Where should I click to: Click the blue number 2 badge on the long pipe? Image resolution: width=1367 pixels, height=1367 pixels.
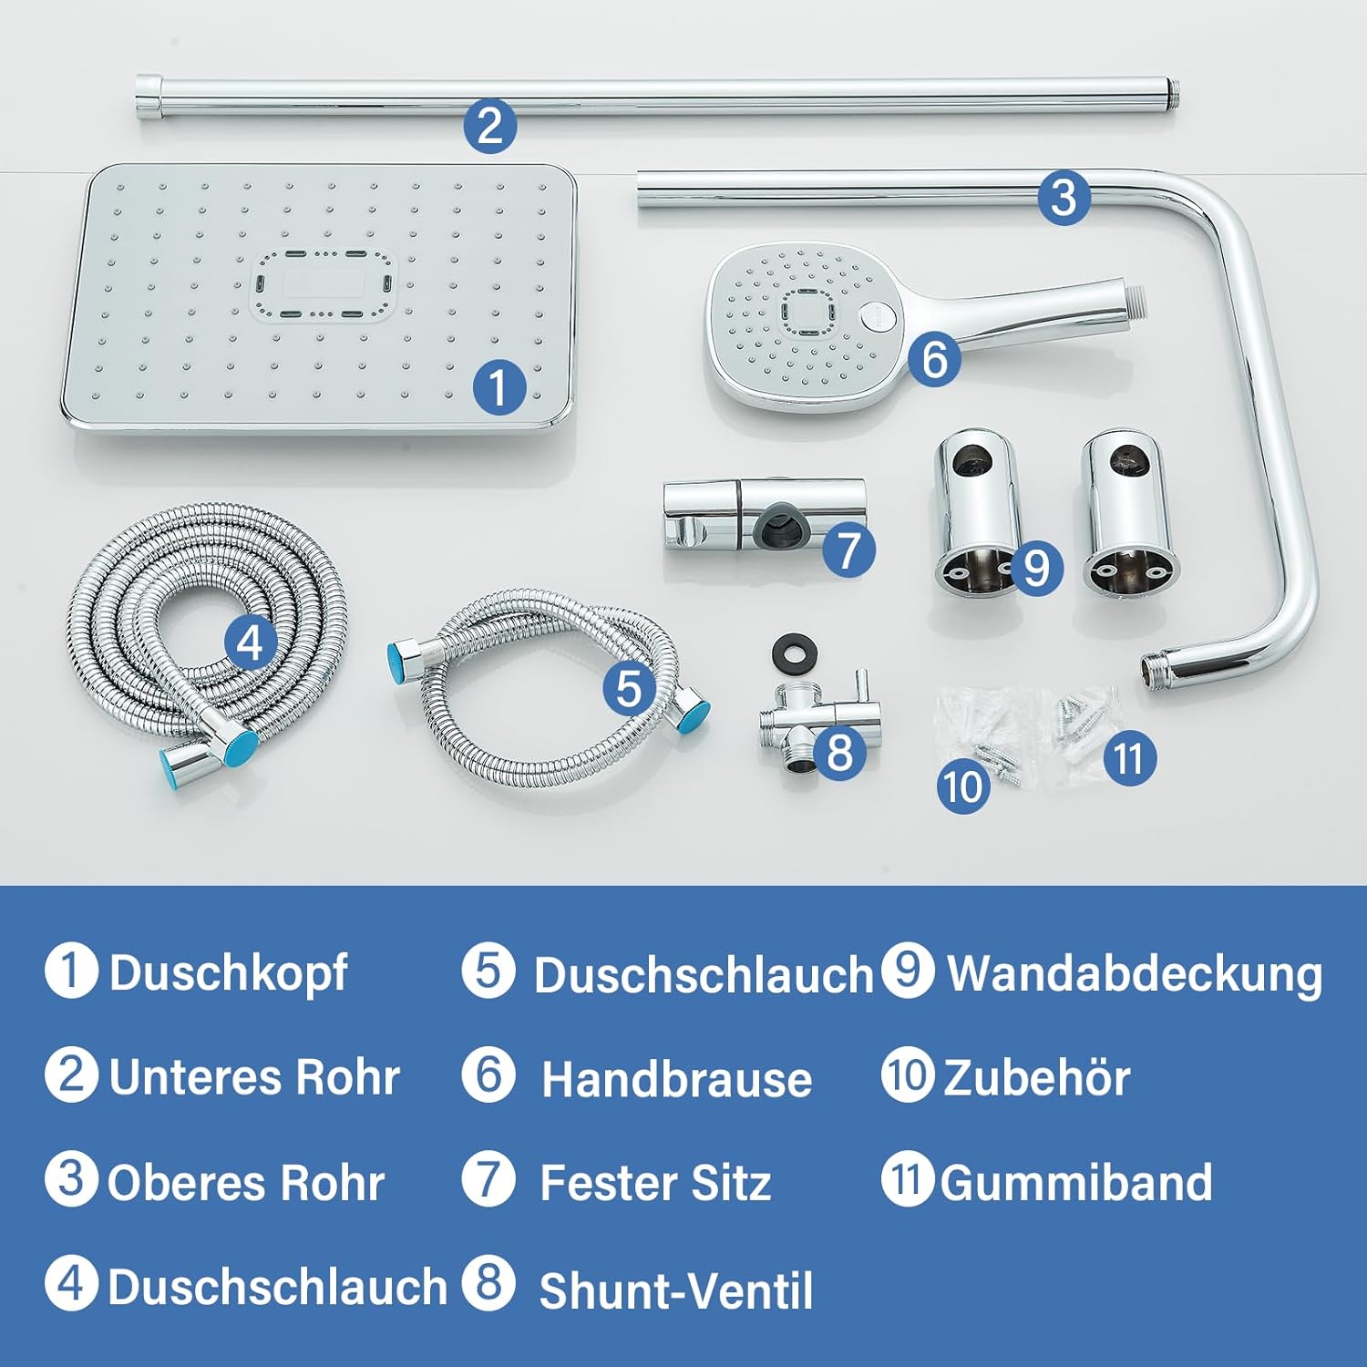[489, 125]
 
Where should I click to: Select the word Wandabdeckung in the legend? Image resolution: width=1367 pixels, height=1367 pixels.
[1135, 973]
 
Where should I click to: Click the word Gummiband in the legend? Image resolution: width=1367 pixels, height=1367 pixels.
[1076, 1183]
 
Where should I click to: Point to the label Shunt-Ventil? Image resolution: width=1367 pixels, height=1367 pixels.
[676, 1290]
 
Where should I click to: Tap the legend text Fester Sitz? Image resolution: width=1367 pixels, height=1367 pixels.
[655, 1183]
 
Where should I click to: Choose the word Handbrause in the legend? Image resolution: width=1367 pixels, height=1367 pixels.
[676, 1079]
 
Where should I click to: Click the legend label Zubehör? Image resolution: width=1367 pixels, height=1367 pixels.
[1037, 1077]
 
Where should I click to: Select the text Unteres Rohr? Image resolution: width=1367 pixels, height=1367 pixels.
[254, 1077]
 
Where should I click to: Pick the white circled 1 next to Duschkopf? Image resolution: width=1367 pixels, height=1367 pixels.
[71, 971]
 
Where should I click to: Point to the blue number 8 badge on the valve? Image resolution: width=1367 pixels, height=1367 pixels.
[839, 752]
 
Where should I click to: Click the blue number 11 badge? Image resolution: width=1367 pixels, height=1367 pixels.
[1129, 758]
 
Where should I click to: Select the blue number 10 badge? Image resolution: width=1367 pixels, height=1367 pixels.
[963, 786]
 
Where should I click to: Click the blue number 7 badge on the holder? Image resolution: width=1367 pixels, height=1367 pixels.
[848, 550]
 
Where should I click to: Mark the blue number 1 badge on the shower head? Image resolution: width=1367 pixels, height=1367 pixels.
[498, 386]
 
